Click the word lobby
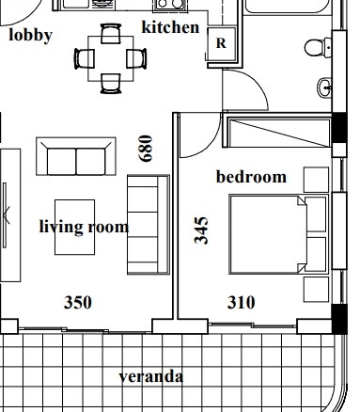tap(30, 35)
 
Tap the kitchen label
tap(171, 27)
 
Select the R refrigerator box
tap(221, 43)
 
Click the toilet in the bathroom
tap(318, 47)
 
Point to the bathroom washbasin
tap(324, 87)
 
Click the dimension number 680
tap(146, 149)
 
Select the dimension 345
tap(201, 230)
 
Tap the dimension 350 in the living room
tap(78, 303)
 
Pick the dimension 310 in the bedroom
tap(241, 303)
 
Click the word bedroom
tap(251, 177)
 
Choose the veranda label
tap(151, 376)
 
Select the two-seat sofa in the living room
tap(76, 156)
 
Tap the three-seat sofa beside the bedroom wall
tap(149, 225)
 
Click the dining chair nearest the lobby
tap(84, 58)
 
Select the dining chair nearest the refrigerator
tap(136, 58)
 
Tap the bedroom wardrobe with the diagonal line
tap(278, 132)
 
